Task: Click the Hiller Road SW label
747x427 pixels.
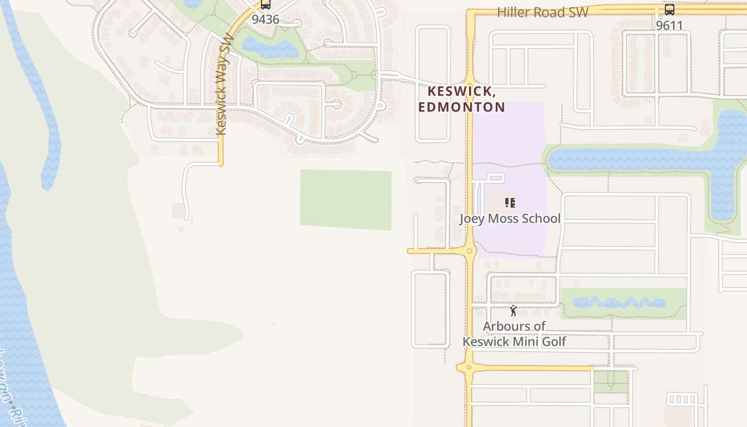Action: [543, 12]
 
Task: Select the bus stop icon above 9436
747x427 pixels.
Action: [265, 5]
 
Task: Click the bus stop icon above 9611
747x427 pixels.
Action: [669, 10]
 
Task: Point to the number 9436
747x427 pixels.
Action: [265, 20]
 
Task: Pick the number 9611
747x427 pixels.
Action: [669, 25]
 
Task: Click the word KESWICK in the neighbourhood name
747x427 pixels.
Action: [462, 91]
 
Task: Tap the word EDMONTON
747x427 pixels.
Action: [462, 107]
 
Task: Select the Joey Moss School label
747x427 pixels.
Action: [510, 218]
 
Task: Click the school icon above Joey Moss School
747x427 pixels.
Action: [510, 203]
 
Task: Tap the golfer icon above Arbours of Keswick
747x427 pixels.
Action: [513, 311]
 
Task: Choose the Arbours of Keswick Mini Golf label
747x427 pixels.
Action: [514, 334]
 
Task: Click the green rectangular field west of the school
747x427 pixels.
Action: [346, 200]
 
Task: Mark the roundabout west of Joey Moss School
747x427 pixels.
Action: [470, 251]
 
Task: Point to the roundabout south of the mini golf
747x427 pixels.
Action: [468, 367]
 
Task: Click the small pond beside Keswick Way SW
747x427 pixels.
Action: [270, 48]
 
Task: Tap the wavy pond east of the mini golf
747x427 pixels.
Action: [627, 303]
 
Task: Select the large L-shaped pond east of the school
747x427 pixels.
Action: [640, 160]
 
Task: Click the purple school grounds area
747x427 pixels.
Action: [510, 139]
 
